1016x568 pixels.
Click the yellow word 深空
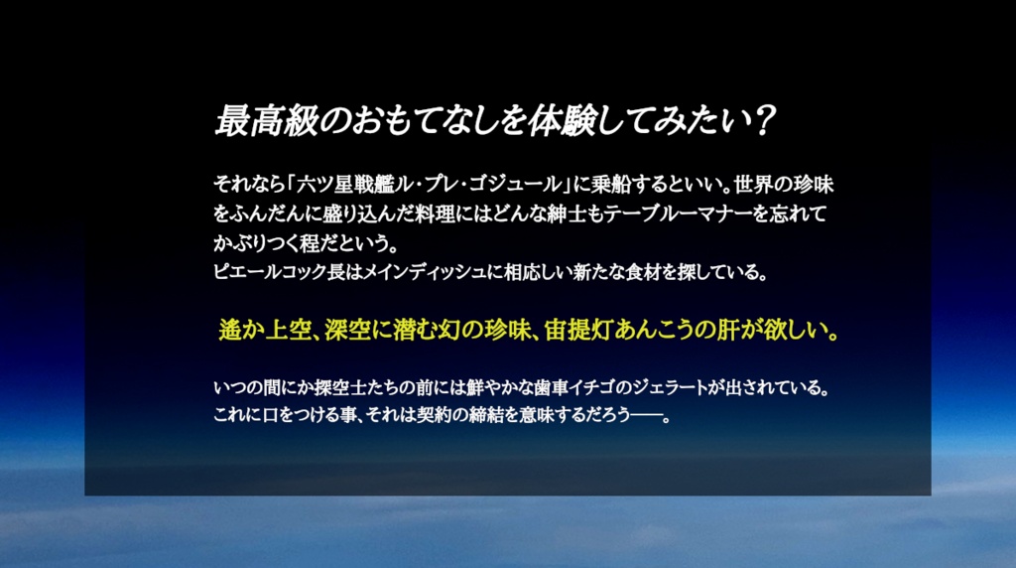coord(342,330)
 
